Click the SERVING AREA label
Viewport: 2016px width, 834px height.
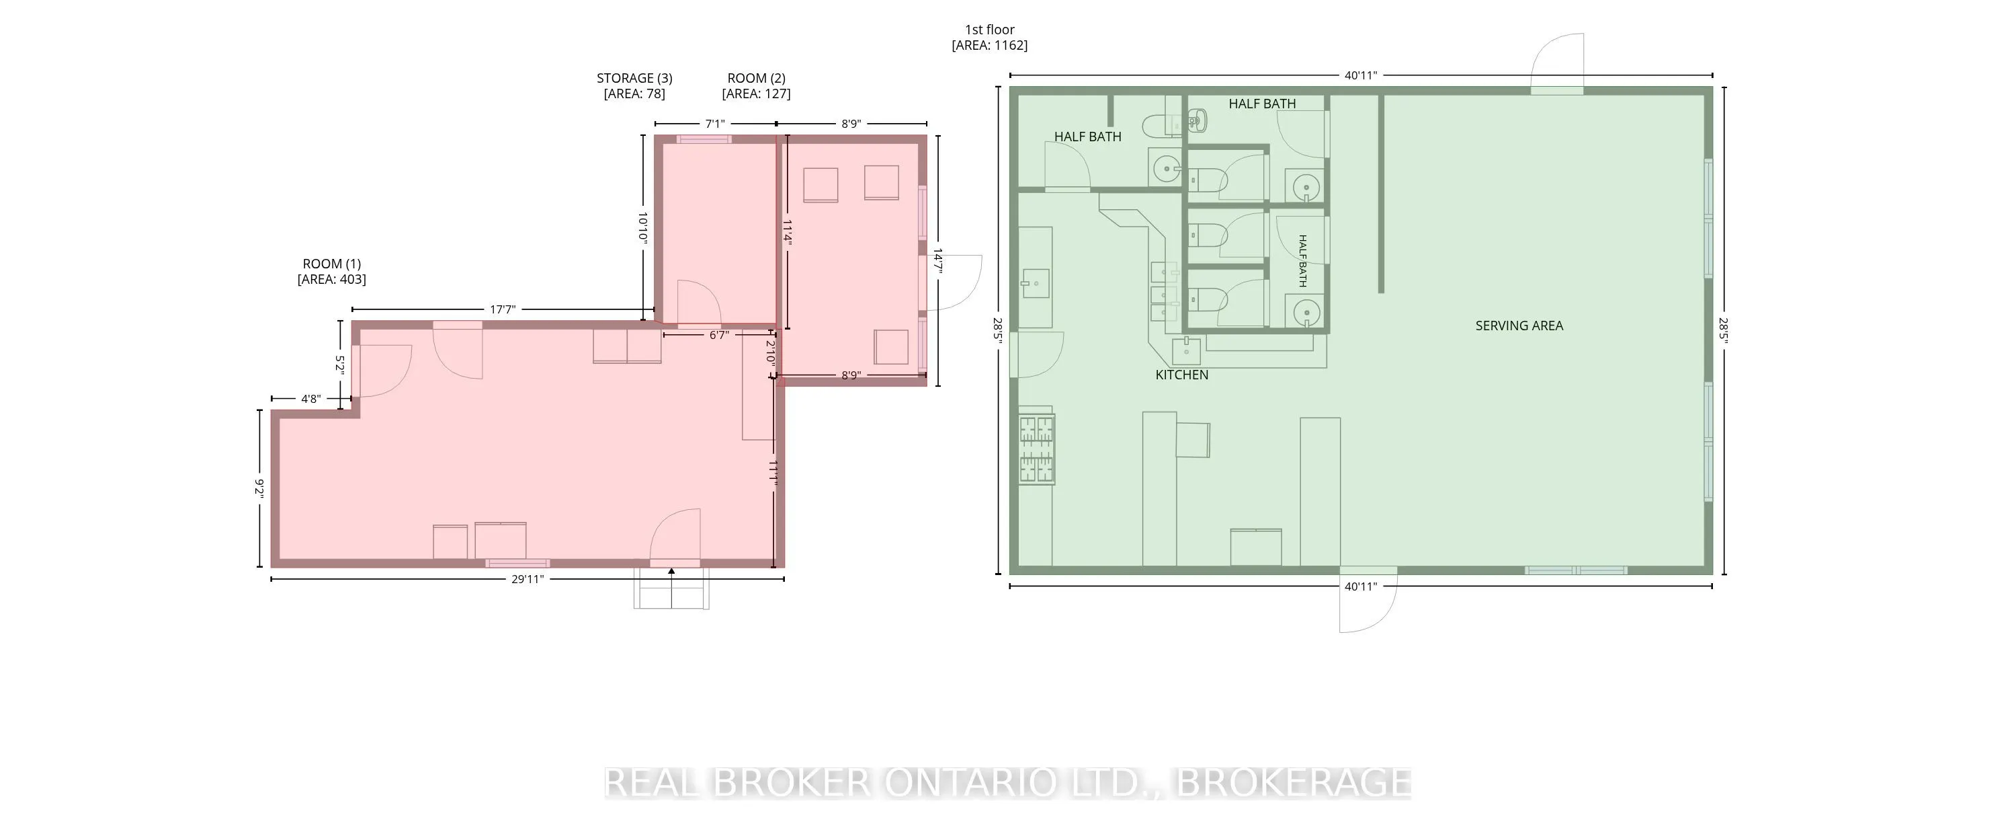pos(1519,326)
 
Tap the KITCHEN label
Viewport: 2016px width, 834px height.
pos(1182,375)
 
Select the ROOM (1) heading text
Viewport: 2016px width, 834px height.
pos(332,264)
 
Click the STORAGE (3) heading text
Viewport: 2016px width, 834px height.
pos(634,78)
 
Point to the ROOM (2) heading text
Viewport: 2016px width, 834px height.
pos(756,78)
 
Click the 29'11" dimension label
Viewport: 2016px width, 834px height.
pos(528,580)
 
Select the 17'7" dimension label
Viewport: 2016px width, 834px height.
pos(503,309)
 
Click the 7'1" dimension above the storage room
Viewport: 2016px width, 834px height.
pos(715,124)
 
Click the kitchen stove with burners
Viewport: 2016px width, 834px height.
pos(1037,449)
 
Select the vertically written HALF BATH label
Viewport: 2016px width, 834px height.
pos(1302,261)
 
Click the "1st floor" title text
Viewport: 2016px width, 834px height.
pos(989,30)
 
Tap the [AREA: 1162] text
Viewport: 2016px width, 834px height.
pos(989,46)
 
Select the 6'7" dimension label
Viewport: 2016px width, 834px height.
pos(719,335)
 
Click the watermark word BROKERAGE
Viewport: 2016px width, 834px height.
pos(1294,782)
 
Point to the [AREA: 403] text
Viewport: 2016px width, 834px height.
pos(332,280)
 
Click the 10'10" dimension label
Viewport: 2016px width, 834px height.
pos(642,228)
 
